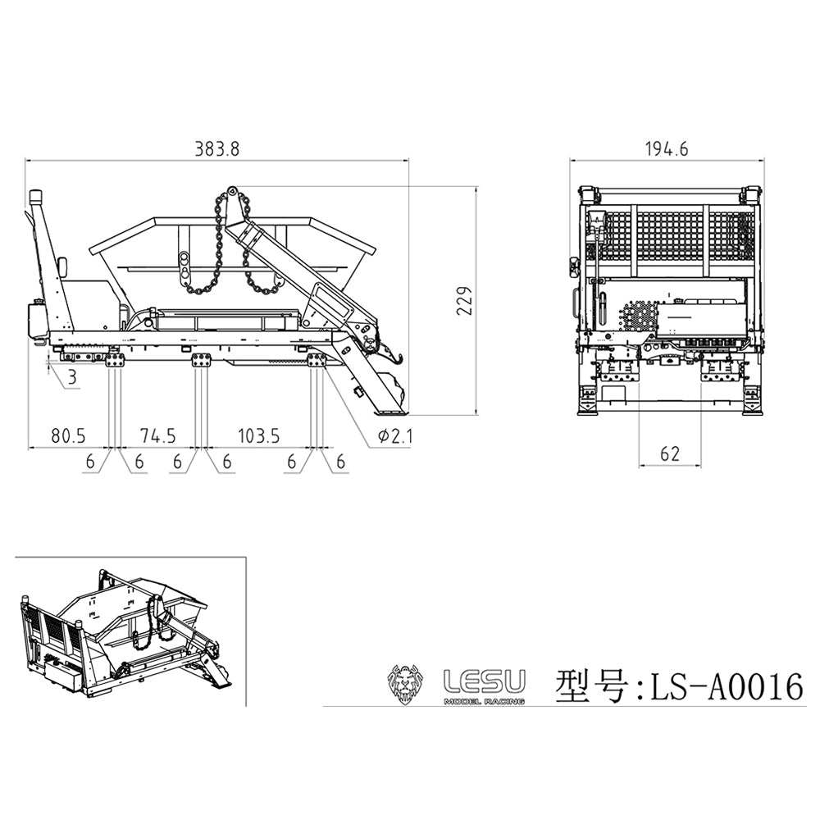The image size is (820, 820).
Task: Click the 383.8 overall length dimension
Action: [217, 149]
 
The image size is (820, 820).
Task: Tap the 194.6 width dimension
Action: [667, 149]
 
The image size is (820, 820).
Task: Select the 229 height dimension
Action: [464, 299]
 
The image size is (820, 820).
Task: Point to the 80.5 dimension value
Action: [68, 435]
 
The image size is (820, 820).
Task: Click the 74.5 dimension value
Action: [158, 435]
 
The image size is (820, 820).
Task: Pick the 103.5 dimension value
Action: [259, 435]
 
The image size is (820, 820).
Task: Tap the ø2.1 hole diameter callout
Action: [394, 435]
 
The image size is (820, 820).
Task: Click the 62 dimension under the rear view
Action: [669, 453]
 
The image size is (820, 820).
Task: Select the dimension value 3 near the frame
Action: [72, 377]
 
